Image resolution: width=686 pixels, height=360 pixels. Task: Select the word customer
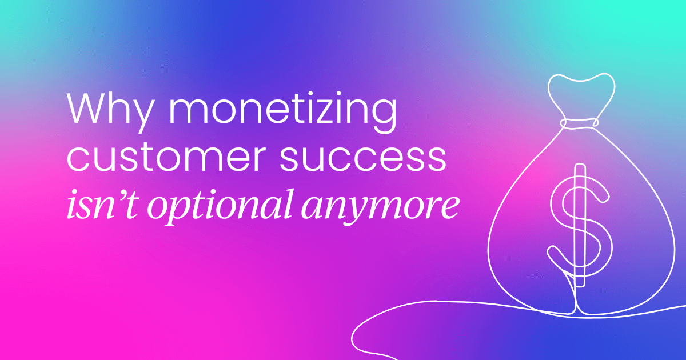pyautogui.click(x=172, y=158)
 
